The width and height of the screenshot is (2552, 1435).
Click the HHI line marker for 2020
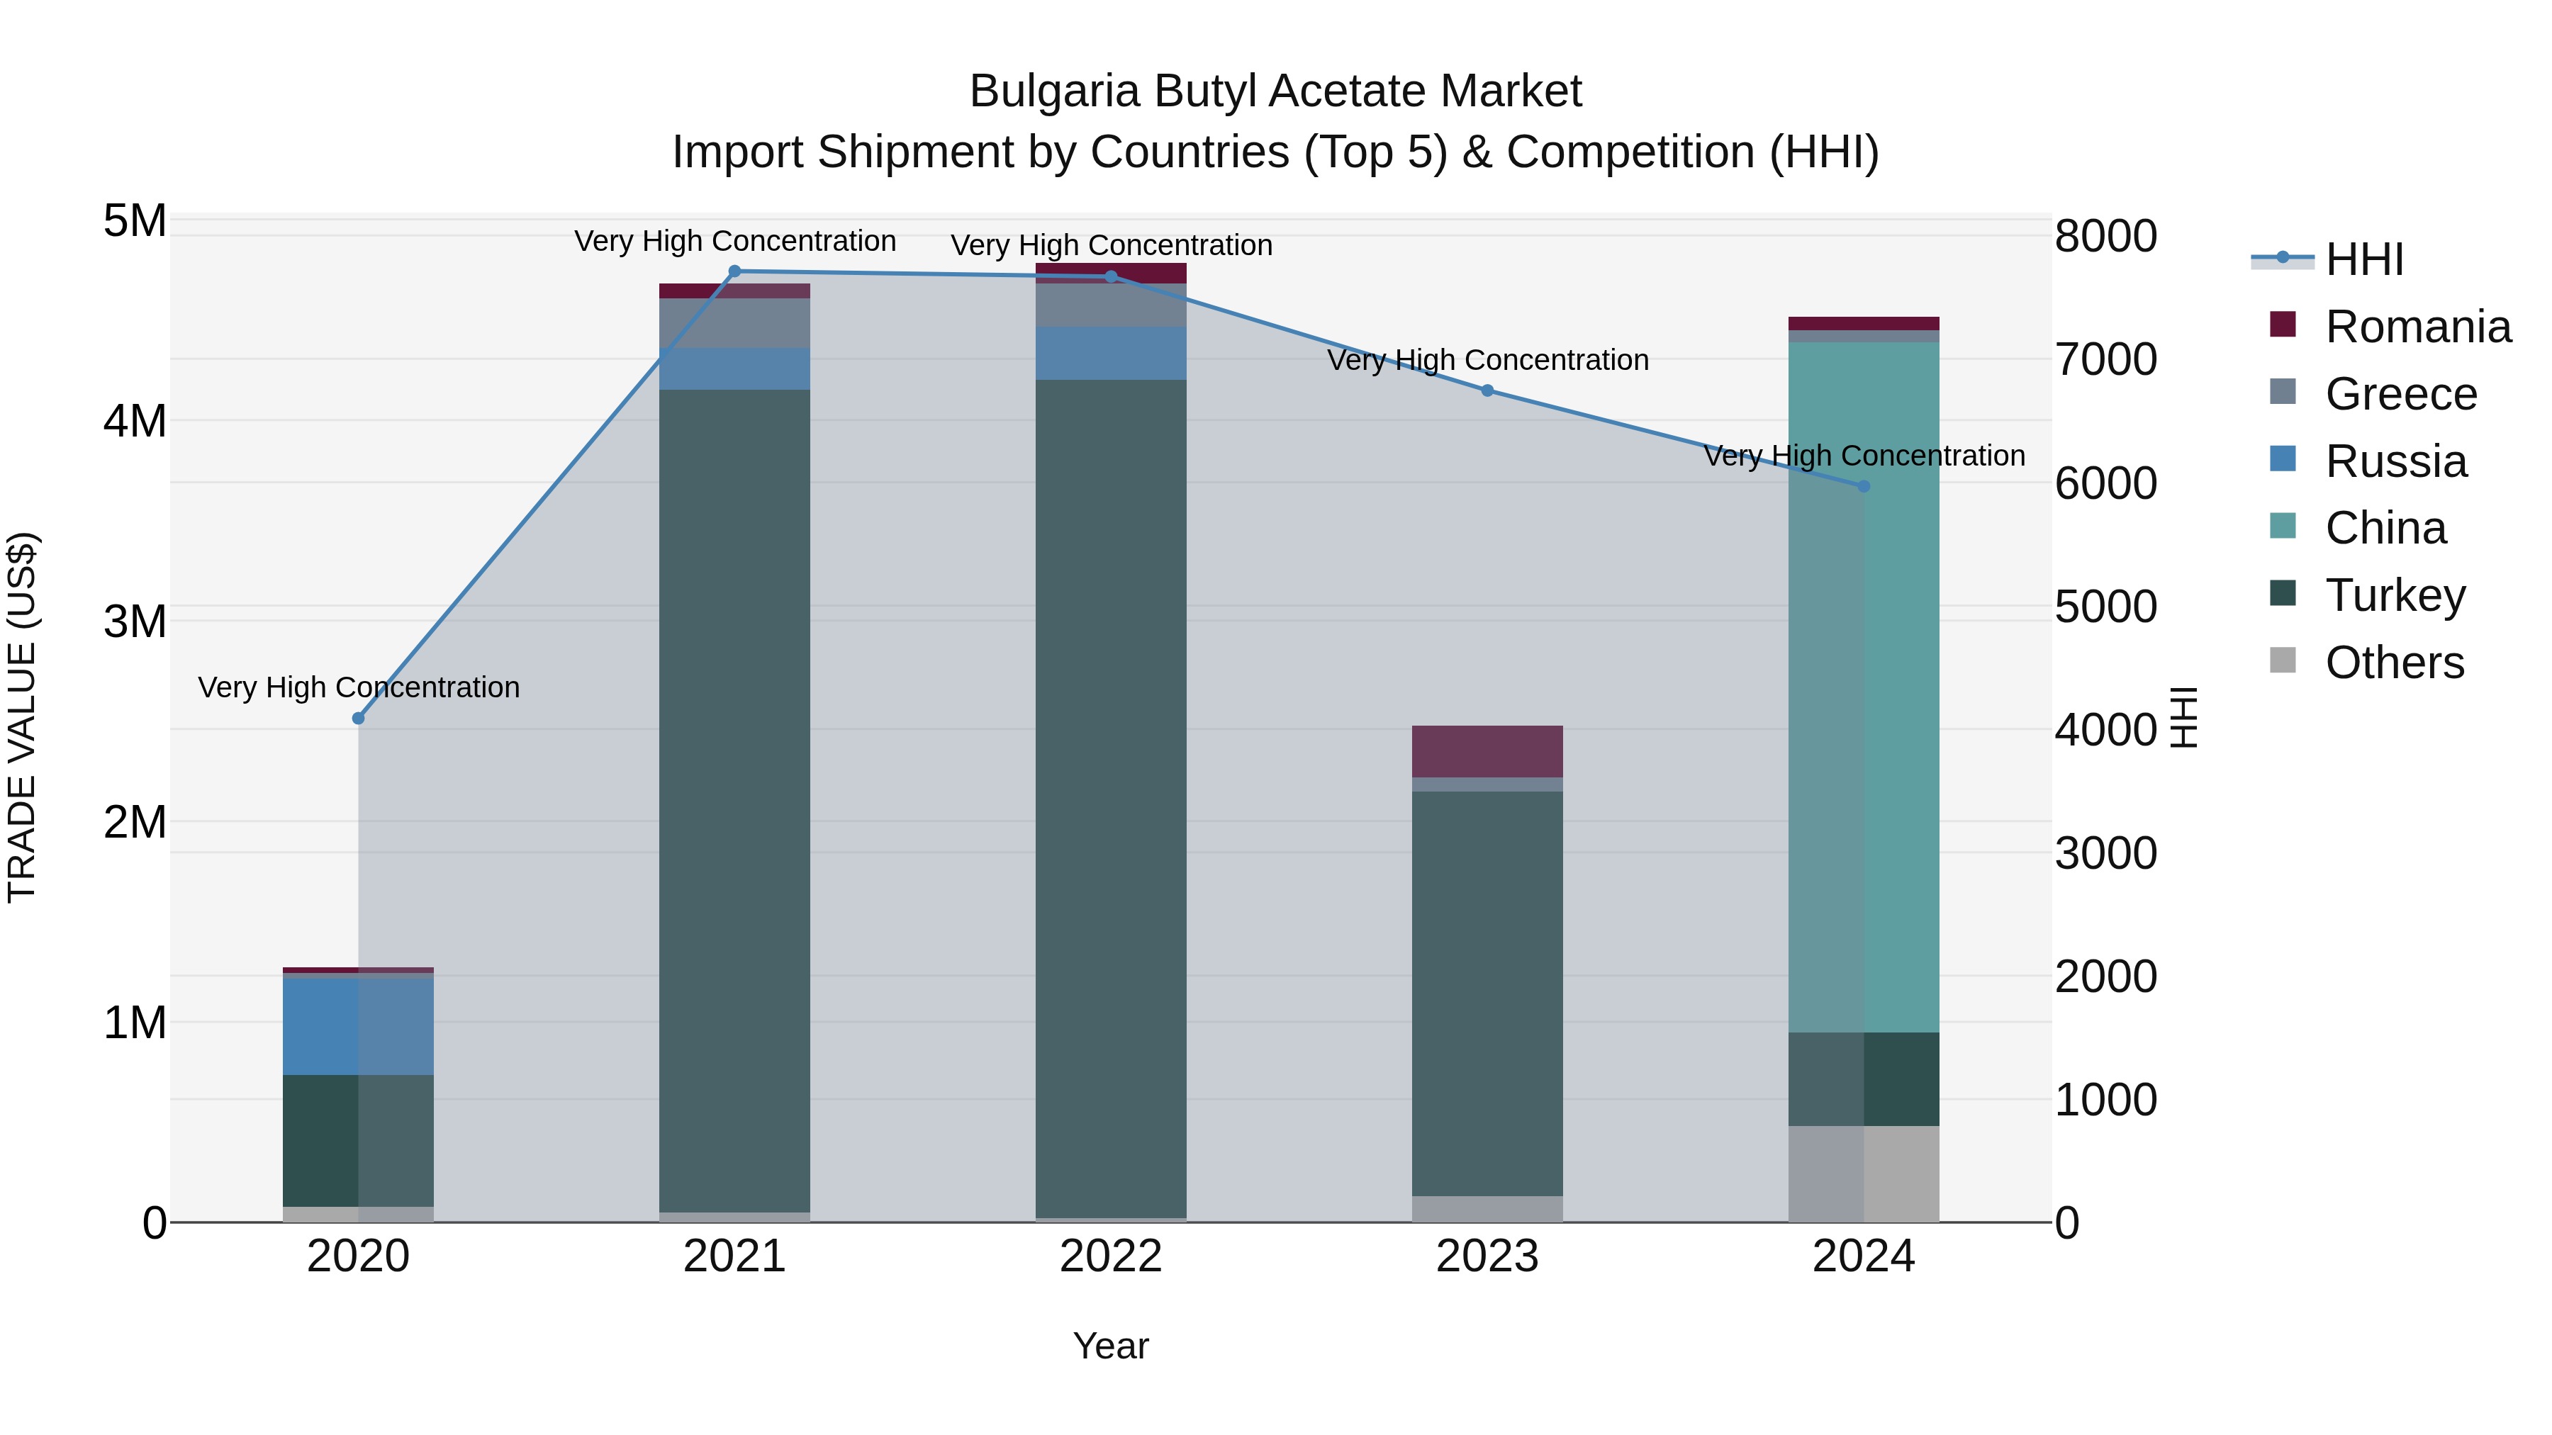click(x=359, y=718)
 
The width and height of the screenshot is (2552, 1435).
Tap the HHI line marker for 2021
click(x=735, y=271)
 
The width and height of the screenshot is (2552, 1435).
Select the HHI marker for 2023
click(x=1487, y=390)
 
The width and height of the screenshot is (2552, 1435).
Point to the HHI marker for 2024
click(x=1864, y=486)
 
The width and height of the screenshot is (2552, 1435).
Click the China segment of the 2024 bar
click(x=1864, y=693)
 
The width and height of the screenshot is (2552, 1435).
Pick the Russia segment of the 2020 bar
click(x=359, y=1026)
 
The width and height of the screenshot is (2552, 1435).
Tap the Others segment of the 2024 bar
click(x=1864, y=1174)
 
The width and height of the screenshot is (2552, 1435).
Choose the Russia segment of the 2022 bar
click(x=1111, y=354)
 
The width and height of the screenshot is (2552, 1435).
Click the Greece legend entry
click(x=2400, y=393)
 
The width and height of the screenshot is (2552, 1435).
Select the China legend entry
click(x=2385, y=528)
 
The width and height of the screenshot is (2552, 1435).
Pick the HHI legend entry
click(x=2363, y=259)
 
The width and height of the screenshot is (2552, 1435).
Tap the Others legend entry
click(x=2393, y=663)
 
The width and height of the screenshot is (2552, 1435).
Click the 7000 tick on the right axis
click(x=2105, y=359)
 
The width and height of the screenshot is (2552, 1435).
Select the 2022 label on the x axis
click(x=1111, y=1256)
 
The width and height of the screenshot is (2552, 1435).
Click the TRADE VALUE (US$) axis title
click(x=22, y=717)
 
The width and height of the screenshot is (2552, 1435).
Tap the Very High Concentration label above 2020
click(x=359, y=687)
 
